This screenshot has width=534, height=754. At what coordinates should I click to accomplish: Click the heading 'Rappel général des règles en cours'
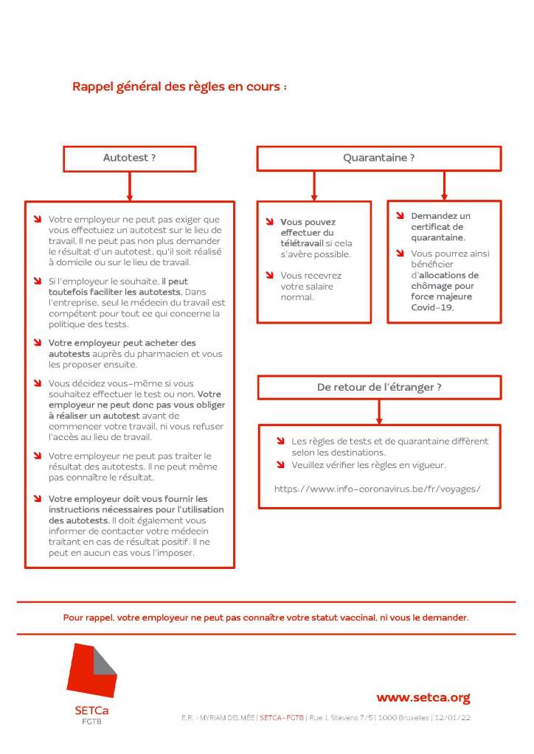point(179,87)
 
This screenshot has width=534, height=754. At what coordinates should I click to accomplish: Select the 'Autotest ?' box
point(130,158)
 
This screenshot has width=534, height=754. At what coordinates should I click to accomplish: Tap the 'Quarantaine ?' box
point(378,158)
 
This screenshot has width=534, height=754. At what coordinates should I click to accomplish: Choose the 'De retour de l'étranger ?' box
point(379,387)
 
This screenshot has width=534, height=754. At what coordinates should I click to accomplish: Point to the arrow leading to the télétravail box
point(314,186)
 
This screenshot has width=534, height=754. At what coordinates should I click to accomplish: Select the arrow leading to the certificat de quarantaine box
point(444,186)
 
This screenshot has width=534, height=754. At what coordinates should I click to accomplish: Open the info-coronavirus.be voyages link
point(377,489)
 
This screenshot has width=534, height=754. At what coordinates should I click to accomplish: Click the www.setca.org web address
point(423,697)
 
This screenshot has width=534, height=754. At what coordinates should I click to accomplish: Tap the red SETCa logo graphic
point(91,671)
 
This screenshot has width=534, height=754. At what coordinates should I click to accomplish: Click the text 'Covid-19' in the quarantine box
point(432,307)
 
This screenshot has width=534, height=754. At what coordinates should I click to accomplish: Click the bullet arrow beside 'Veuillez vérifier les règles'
point(281,465)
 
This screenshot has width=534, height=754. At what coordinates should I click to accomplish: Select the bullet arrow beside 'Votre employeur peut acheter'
point(38,343)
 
